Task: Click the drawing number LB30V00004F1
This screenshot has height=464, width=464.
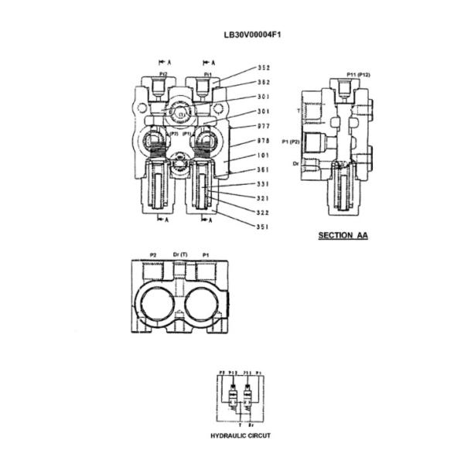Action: tap(232, 34)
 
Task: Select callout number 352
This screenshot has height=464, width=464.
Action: tap(264, 67)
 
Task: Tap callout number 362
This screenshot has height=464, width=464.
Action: tap(264, 82)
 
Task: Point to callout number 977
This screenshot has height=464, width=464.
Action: tap(264, 126)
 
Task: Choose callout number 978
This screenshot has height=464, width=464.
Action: tap(264, 142)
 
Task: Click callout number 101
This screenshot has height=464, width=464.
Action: tap(264, 155)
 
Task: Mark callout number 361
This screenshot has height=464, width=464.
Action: tap(264, 169)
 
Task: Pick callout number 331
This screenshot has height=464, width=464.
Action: tap(264, 184)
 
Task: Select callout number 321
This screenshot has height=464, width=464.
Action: tap(264, 198)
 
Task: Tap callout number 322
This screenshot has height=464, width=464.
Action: tap(264, 212)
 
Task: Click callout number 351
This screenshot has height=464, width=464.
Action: tap(264, 227)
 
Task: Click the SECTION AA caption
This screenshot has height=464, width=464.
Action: tap(343, 234)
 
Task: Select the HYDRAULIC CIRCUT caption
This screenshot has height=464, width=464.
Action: tap(241, 435)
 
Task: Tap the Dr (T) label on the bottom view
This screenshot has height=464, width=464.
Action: tap(179, 254)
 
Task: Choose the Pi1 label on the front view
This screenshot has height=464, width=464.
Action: tap(207, 74)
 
